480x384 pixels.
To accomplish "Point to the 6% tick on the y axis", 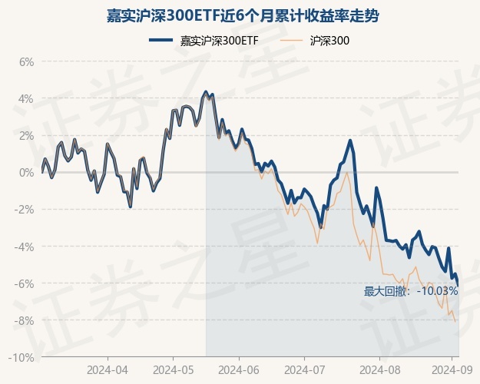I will click(26, 62).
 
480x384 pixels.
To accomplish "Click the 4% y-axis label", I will click(26, 99).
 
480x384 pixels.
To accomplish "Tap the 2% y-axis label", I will click(26, 136).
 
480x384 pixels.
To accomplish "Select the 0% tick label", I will click(26, 173).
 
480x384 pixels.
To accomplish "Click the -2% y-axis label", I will click(25, 210).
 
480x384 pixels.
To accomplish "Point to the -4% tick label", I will click(25, 247).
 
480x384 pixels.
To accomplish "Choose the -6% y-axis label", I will click(25, 283).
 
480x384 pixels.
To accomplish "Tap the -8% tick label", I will click(25, 320).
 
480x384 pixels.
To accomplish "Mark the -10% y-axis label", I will click(22, 358).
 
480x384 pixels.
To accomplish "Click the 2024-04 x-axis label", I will click(108, 369).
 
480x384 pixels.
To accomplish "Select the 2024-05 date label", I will click(173, 369).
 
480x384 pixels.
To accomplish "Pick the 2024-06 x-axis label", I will click(239, 369).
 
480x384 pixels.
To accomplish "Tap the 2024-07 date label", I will click(304, 369).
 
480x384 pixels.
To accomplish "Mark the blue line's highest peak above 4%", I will click(205, 91).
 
